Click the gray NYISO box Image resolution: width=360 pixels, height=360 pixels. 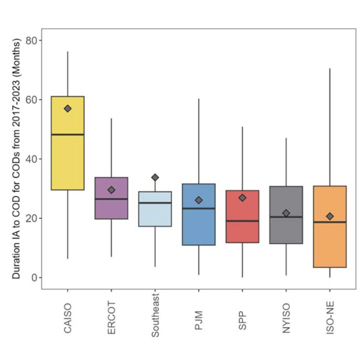point(286,228)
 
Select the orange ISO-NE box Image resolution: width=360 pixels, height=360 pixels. point(330,240)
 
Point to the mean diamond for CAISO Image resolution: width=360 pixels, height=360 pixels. point(68,109)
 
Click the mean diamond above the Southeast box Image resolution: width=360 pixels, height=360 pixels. point(155,178)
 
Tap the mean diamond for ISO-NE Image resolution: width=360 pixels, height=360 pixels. point(330,216)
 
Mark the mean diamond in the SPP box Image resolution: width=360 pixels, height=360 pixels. point(242,197)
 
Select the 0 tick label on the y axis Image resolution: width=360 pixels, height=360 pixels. point(35,278)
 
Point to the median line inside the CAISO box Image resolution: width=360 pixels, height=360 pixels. point(67,134)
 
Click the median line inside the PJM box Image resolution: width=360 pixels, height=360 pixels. point(199,208)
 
